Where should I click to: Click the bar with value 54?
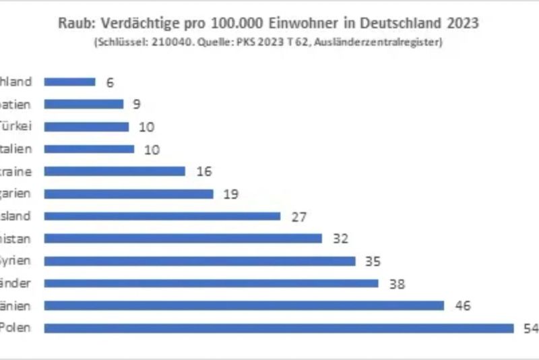coord(279,328)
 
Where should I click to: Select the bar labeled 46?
coord(244,305)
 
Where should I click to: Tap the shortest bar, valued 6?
coord(70,82)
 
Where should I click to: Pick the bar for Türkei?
coord(86,127)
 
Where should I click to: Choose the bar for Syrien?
coord(199,261)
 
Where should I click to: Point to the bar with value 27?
coord(162,216)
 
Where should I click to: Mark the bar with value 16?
coord(115,171)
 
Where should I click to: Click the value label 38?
coord(397,283)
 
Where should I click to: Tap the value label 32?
coord(340,239)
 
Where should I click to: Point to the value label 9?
coord(136,104)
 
